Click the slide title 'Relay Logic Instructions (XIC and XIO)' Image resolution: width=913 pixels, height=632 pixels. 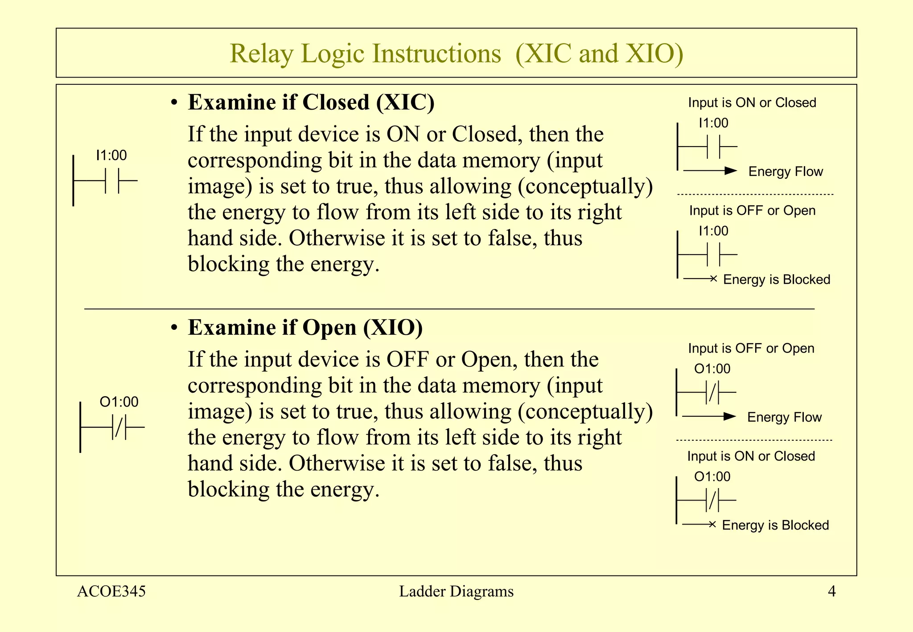[x=456, y=53]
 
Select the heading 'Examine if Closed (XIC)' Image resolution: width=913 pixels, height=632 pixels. [x=311, y=103]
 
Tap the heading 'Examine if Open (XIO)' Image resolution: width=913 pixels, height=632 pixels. [x=305, y=328]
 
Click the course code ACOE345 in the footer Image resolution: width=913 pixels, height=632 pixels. [x=111, y=591]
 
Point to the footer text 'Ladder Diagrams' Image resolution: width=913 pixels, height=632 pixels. [x=456, y=591]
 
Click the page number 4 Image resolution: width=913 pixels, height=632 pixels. [x=831, y=591]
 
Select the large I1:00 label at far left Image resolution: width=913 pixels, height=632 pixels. [x=111, y=156]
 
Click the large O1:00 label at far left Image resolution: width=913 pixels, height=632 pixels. [x=119, y=402]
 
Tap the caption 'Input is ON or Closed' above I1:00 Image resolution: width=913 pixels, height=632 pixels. [x=752, y=103]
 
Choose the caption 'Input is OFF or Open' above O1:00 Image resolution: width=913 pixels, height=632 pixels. [x=751, y=348]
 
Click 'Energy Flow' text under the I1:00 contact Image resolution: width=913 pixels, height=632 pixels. [x=786, y=172]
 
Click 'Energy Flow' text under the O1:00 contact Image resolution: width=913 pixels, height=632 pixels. [x=784, y=417]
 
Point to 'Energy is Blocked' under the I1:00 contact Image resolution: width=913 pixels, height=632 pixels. [x=777, y=279]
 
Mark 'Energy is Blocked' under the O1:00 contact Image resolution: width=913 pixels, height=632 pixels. [x=775, y=525]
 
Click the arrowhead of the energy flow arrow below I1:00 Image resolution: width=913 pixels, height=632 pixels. [x=731, y=171]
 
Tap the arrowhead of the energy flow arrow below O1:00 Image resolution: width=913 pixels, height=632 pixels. [x=730, y=416]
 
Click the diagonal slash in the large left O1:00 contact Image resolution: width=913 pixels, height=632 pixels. [x=119, y=427]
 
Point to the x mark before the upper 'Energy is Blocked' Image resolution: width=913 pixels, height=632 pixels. [x=714, y=279]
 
